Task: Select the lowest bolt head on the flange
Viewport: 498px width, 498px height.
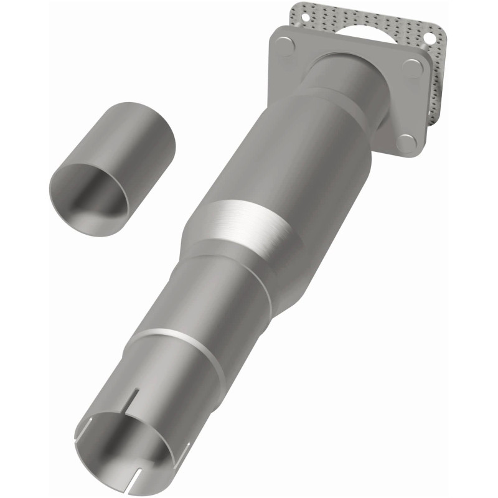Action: (x=406, y=143)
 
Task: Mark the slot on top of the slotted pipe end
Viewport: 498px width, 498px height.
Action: (x=133, y=398)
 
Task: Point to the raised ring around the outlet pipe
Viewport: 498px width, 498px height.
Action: (x=181, y=349)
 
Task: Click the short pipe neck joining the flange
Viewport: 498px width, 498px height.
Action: (x=349, y=78)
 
